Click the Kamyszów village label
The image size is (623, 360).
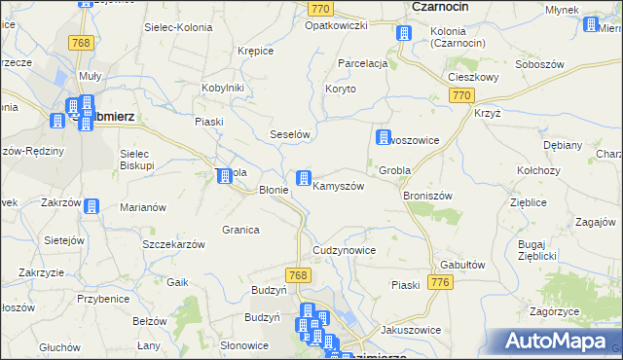(339, 186)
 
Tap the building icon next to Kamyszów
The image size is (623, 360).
(305, 177)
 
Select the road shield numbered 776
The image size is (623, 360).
(441, 282)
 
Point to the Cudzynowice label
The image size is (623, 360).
(344, 250)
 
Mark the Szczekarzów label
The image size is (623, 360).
(173, 244)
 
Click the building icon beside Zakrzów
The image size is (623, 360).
(91, 205)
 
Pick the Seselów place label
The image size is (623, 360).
(289, 134)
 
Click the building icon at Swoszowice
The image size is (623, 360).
(384, 138)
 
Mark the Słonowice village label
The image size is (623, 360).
(243, 345)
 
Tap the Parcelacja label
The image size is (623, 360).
(362, 63)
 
